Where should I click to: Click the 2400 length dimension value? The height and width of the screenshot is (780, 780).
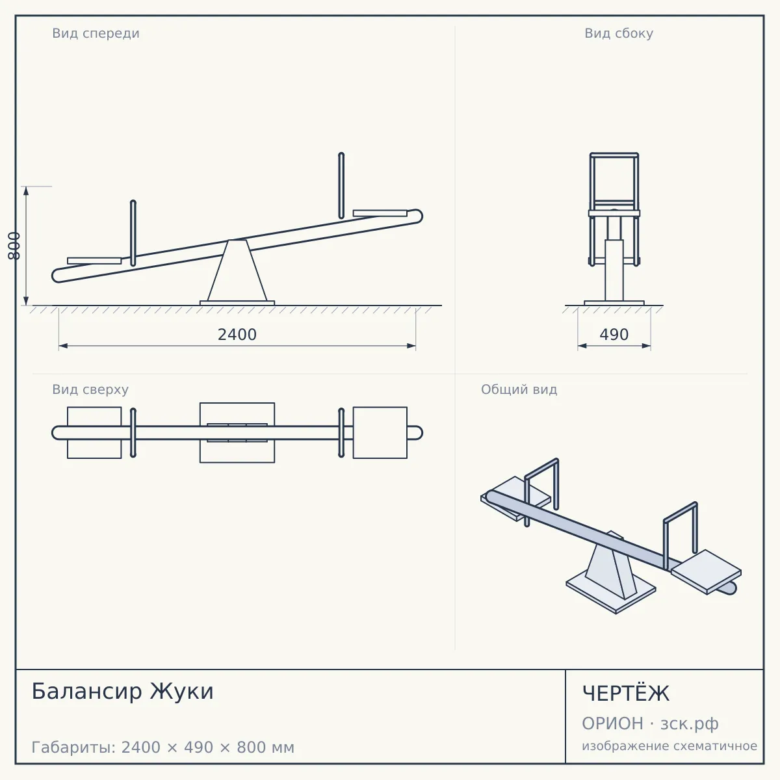(x=237, y=335)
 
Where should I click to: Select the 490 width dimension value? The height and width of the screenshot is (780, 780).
(x=614, y=335)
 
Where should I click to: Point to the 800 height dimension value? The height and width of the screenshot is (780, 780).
(x=14, y=246)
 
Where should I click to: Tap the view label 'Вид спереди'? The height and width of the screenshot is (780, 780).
(x=96, y=33)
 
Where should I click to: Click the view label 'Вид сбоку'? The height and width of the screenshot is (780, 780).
(x=619, y=33)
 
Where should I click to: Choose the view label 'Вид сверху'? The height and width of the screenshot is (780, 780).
(x=90, y=389)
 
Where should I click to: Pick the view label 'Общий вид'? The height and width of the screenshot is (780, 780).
(x=519, y=389)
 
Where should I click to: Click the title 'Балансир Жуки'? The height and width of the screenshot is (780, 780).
(x=123, y=691)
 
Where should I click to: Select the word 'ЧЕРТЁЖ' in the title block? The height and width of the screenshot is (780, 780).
(x=626, y=693)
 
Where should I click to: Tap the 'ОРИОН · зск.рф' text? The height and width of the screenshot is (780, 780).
(x=650, y=723)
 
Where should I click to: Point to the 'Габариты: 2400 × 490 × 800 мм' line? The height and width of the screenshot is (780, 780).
(x=162, y=747)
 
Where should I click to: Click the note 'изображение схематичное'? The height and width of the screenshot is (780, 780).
(x=669, y=746)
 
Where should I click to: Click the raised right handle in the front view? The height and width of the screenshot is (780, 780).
(x=341, y=186)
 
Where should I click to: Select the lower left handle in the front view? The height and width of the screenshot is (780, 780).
(x=133, y=233)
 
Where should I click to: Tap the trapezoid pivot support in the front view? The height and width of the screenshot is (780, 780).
(x=237, y=270)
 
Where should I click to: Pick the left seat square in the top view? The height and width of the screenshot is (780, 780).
(x=94, y=433)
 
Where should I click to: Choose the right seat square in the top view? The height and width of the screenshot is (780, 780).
(x=380, y=433)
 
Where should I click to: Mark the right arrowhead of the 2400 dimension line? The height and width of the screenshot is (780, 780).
(x=411, y=346)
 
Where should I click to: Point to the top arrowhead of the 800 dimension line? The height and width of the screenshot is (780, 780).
(x=26, y=191)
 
